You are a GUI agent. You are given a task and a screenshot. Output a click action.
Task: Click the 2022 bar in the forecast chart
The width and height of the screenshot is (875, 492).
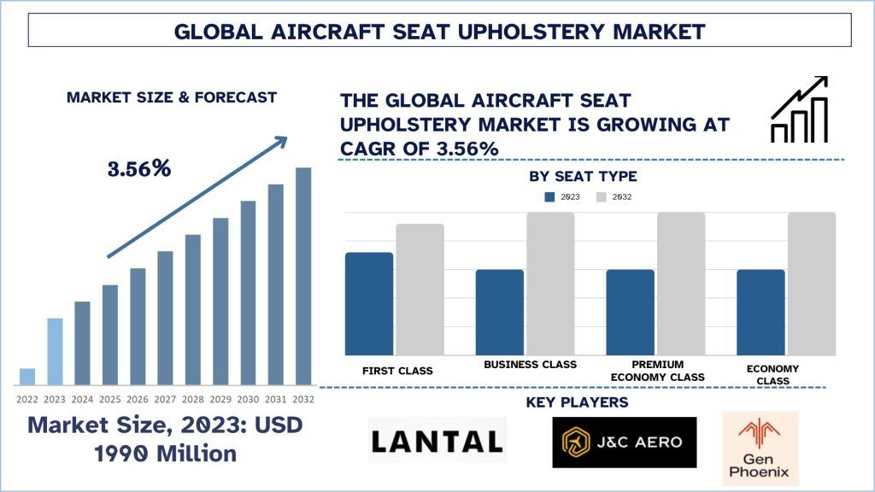(x=27, y=377)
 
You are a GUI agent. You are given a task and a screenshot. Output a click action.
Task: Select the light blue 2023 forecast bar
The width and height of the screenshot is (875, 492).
(x=55, y=351)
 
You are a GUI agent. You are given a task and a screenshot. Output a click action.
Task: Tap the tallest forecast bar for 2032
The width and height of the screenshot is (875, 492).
(x=303, y=276)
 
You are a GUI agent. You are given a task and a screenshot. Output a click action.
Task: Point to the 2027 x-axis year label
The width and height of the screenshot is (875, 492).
(x=165, y=398)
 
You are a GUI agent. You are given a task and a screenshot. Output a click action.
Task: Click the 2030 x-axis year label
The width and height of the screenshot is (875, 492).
(x=248, y=398)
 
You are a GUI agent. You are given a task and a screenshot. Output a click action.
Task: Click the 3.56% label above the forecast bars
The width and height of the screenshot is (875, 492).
(x=138, y=168)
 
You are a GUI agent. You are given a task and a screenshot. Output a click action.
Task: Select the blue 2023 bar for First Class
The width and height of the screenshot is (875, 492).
(x=368, y=303)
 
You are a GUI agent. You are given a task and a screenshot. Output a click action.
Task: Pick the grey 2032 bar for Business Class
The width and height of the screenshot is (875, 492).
(x=549, y=284)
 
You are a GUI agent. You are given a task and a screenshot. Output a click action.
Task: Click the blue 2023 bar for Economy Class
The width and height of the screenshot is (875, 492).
(x=760, y=312)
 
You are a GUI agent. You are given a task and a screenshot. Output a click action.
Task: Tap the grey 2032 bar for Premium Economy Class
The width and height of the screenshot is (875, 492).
(x=681, y=284)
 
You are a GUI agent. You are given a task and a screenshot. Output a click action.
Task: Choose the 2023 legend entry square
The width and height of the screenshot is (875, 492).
(x=549, y=196)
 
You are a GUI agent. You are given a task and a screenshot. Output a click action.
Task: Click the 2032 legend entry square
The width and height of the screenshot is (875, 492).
(x=601, y=196)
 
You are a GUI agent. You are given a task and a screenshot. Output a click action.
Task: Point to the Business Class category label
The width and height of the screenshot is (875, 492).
(x=530, y=365)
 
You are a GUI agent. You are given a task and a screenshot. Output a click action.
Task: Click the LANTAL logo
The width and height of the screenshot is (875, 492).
(x=437, y=441)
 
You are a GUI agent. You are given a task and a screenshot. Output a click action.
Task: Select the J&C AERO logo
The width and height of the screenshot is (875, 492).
(x=624, y=442)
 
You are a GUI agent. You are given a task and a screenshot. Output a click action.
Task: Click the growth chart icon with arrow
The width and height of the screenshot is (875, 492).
(x=799, y=108)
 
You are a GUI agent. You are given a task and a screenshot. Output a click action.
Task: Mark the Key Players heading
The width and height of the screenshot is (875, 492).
(x=577, y=402)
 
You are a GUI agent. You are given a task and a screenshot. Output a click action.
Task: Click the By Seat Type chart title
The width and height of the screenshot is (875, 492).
(x=583, y=177)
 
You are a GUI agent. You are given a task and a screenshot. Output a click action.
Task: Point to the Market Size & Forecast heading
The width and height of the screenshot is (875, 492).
(x=172, y=97)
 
